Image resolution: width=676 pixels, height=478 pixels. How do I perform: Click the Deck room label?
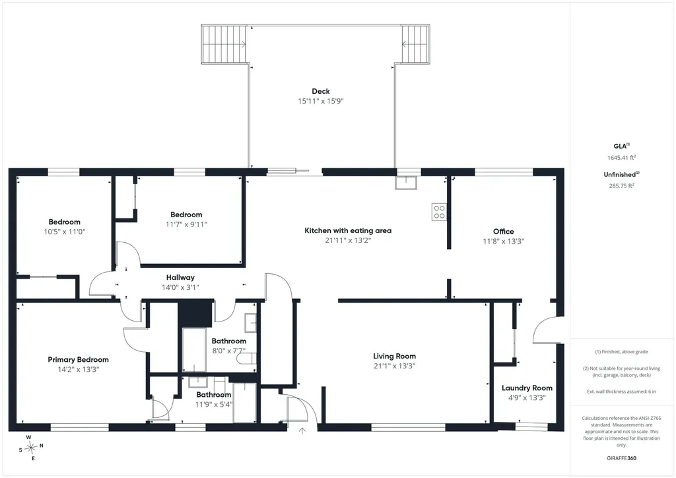coord(321,91)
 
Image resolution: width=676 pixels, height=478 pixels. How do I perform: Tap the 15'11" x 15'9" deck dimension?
coord(321,101)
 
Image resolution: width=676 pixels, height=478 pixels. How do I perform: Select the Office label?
coord(504,232)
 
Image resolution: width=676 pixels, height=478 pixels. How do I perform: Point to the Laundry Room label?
coord(527,388)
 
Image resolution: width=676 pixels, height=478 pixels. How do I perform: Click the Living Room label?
coord(395,356)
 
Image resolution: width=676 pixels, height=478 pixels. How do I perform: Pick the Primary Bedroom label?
coord(78,359)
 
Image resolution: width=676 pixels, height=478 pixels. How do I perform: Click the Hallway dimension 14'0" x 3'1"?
coord(180,287)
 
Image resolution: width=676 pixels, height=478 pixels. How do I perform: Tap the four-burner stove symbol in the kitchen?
coord(439,212)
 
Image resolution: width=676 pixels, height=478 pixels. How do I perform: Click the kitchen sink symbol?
coord(406,183)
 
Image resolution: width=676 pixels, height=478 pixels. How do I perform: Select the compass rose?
coord(31,448)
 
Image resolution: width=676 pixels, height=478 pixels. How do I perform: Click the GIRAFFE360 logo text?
coord(621,458)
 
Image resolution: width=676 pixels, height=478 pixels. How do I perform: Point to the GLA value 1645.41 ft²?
coord(622,158)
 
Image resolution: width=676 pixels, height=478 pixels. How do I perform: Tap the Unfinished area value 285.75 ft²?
coord(622,186)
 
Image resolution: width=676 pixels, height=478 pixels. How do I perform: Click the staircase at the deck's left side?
coord(224,44)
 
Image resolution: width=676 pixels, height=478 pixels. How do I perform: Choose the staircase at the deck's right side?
coord(416,44)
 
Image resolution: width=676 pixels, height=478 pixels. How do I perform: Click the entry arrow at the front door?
coord(302,430)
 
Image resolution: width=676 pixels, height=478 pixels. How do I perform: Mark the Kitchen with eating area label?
coord(348,230)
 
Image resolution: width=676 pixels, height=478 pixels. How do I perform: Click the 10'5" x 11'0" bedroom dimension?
coord(64,232)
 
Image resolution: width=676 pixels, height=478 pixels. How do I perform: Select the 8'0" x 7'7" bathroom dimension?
coord(229,351)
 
